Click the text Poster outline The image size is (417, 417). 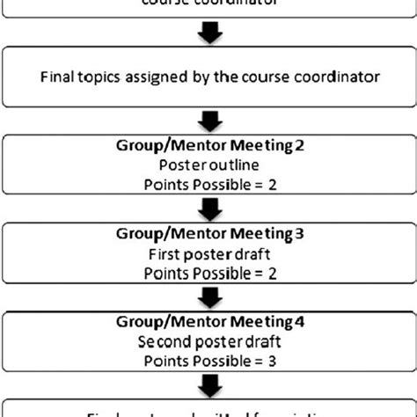[208, 164]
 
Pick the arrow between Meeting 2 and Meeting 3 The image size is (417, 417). [208, 209]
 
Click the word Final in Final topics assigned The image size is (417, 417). [56, 76]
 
